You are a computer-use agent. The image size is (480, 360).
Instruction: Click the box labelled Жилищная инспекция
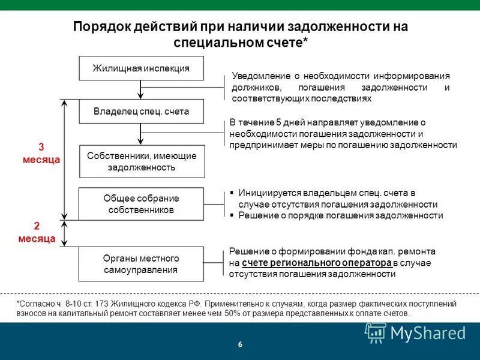142,68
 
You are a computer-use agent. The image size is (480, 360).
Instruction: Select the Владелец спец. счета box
142,112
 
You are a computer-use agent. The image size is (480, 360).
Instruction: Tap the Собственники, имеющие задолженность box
142,161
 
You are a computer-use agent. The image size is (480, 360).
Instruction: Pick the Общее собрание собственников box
142,204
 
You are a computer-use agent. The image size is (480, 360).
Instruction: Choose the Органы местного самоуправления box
142,264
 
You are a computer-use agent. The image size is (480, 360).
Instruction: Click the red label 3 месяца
41,154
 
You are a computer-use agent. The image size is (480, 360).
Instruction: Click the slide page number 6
240,344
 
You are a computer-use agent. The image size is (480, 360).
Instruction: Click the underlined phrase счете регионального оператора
317,263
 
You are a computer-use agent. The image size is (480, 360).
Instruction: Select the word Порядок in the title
100,27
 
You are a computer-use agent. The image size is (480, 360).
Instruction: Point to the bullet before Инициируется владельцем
232,193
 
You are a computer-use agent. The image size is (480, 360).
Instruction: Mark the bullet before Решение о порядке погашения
232,215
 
